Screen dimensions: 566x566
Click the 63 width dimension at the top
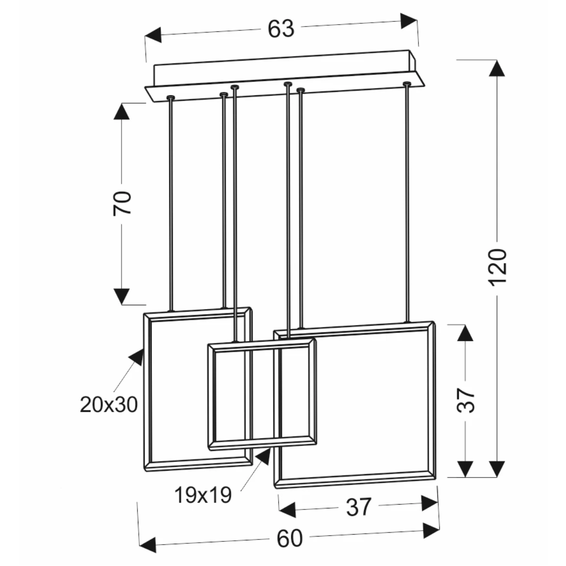click(x=281, y=29)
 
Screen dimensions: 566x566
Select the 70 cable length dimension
click(x=122, y=203)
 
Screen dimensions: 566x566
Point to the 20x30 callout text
click(x=109, y=404)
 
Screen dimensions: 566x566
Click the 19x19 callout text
click(x=203, y=495)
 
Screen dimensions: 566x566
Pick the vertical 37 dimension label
click(x=466, y=400)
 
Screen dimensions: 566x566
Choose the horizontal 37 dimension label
click(x=358, y=507)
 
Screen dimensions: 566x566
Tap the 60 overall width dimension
click(x=289, y=538)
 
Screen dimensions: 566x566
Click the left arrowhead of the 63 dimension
click(x=153, y=35)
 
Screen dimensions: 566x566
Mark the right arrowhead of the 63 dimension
click(x=409, y=21)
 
